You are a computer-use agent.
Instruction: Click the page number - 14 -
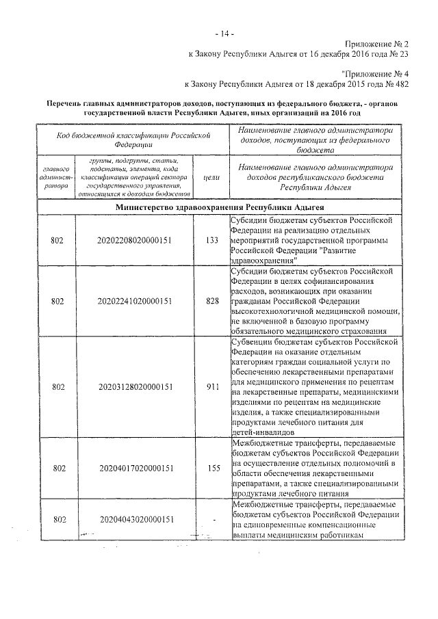224,34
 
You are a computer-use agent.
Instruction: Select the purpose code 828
212,300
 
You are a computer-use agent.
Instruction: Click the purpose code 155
212,469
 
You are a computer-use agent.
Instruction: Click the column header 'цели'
212,176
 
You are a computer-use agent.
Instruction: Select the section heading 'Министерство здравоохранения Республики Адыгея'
220,206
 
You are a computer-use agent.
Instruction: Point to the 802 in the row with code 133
59,240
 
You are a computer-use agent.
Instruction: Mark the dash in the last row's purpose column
214,521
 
